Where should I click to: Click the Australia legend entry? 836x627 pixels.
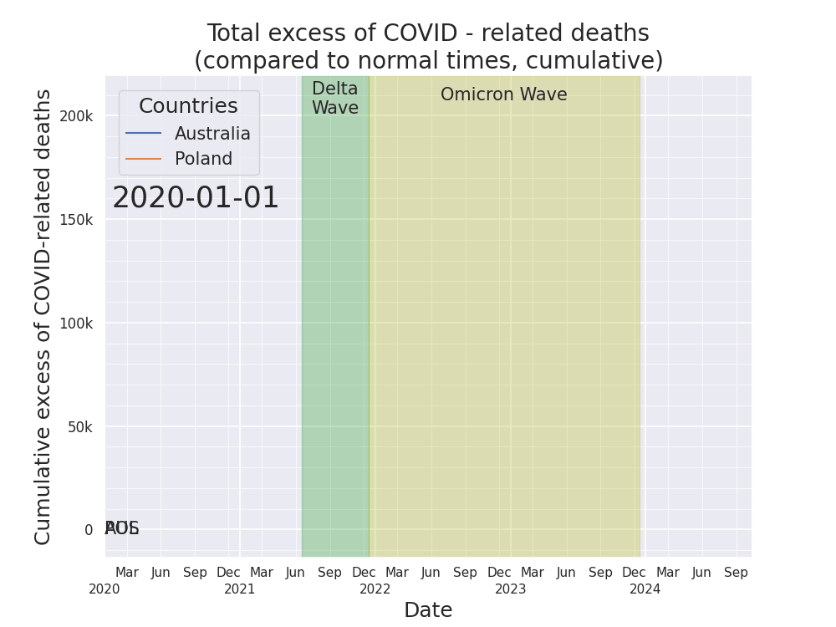tap(212, 134)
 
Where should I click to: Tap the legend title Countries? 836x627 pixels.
tap(188, 107)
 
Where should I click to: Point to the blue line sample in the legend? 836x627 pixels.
tap(143, 134)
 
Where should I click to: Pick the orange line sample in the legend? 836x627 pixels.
tap(143, 159)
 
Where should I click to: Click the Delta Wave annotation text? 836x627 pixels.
tap(334, 99)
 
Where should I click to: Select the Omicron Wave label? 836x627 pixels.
tap(503, 95)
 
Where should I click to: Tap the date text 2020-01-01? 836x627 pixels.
tap(196, 199)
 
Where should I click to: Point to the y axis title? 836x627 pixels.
tap(43, 316)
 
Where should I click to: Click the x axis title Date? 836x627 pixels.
tap(428, 610)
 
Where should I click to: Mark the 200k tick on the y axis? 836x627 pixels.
tap(76, 116)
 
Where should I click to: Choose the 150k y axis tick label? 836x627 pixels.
tap(76, 220)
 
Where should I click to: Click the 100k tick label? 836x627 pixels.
tap(76, 324)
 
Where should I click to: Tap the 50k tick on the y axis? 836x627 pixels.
tap(79, 427)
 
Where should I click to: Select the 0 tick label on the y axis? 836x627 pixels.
tap(89, 530)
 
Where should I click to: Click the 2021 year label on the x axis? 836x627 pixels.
tap(240, 589)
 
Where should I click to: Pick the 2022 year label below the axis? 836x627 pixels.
tap(375, 589)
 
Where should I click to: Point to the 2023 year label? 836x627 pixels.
tap(510, 589)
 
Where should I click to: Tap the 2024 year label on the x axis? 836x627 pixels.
tap(645, 589)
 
